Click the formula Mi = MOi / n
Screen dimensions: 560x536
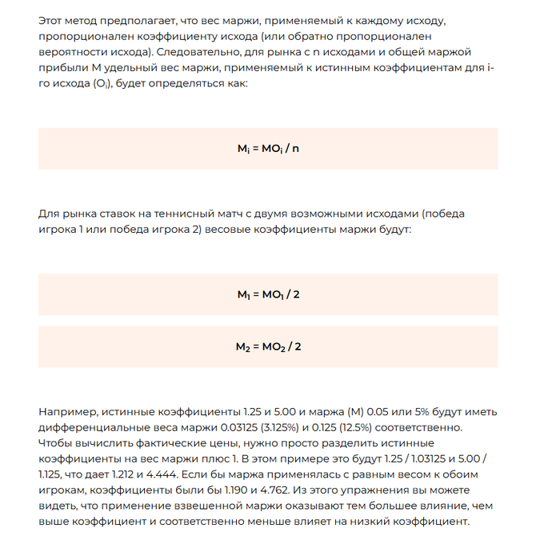(x=268, y=149)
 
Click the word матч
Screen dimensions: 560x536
(x=222, y=214)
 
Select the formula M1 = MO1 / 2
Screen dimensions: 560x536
(x=268, y=294)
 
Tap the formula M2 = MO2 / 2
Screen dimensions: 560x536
(x=268, y=346)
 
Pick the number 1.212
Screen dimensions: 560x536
(x=124, y=474)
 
